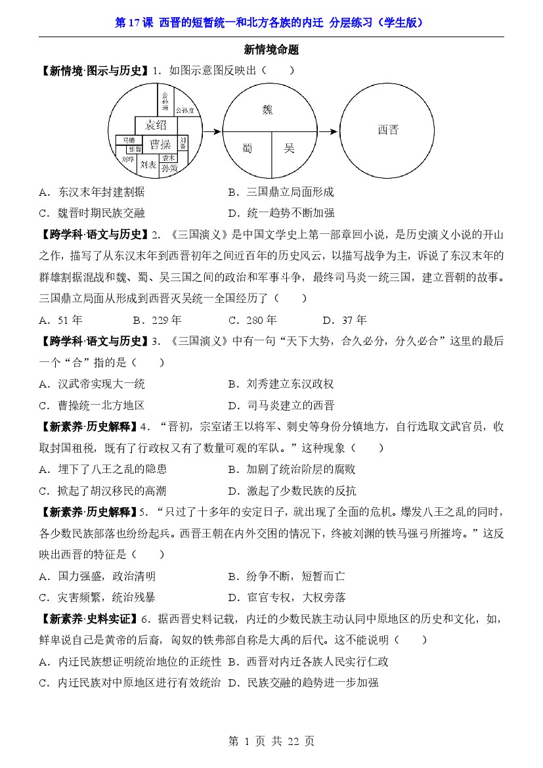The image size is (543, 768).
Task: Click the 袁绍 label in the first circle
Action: click(x=156, y=125)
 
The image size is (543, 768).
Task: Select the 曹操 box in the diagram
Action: click(x=160, y=144)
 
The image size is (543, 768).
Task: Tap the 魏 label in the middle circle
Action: click(x=267, y=109)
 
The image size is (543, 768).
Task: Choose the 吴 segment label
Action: click(x=289, y=148)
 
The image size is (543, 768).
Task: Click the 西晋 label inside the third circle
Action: click(x=387, y=130)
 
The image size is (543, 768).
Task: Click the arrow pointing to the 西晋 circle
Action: click(x=330, y=131)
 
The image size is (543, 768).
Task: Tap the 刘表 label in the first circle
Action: click(x=148, y=166)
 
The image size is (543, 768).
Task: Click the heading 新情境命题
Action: click(x=271, y=49)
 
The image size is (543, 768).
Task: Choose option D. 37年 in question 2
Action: click(x=345, y=320)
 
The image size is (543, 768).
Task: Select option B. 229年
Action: click(x=157, y=320)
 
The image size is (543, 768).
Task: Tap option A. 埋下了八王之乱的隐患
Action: click(x=102, y=469)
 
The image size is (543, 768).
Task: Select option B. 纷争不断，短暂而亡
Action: click(x=286, y=576)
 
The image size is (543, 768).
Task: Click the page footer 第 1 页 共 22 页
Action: click(x=271, y=741)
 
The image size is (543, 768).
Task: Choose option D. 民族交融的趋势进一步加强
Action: click(x=303, y=683)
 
